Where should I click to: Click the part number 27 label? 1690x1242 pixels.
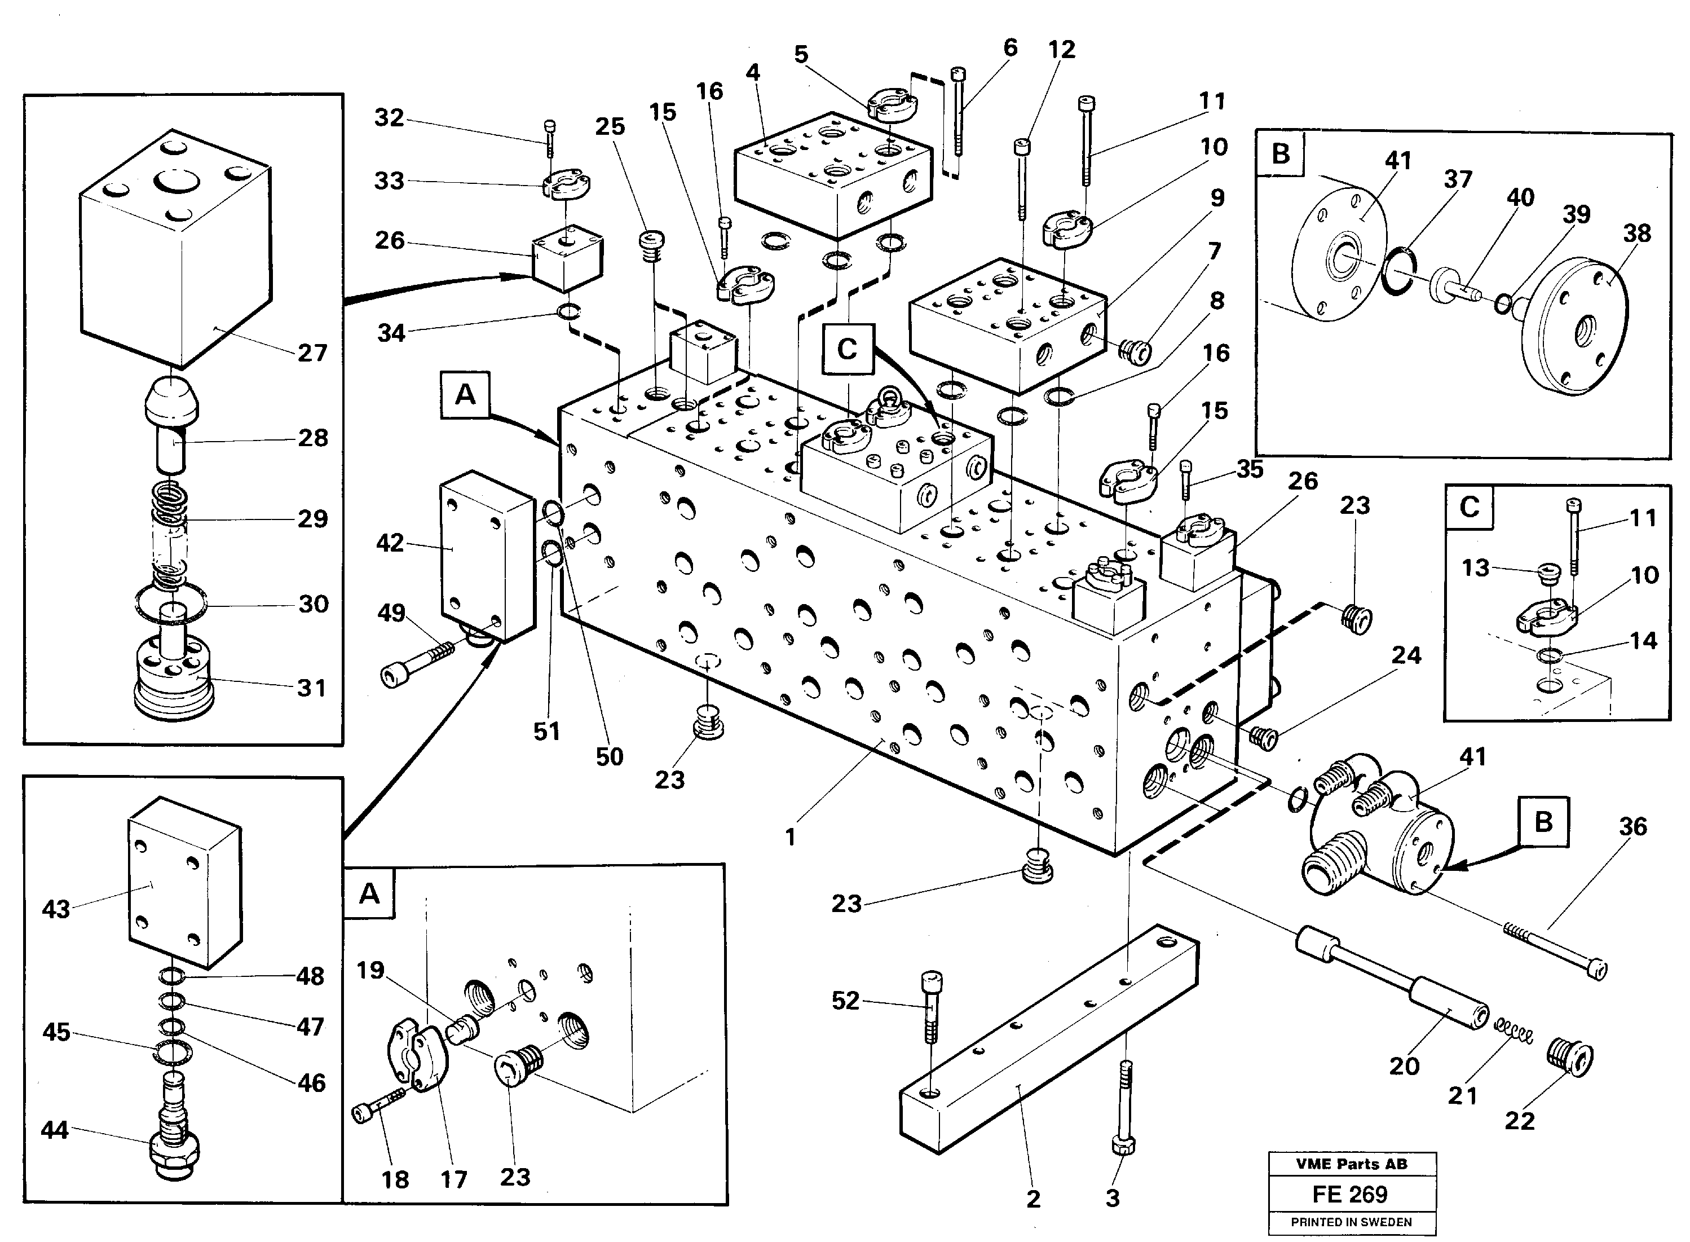tap(312, 353)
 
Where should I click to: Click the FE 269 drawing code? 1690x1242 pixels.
tap(1351, 1195)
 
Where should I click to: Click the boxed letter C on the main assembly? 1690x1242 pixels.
tap(847, 349)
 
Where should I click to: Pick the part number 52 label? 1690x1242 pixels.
tap(845, 1000)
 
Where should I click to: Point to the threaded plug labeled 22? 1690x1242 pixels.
tap(1570, 1059)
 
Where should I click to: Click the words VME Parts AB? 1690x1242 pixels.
tap(1351, 1164)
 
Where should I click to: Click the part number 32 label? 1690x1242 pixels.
tap(389, 117)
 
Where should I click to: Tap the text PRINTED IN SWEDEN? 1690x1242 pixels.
tap(1351, 1222)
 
